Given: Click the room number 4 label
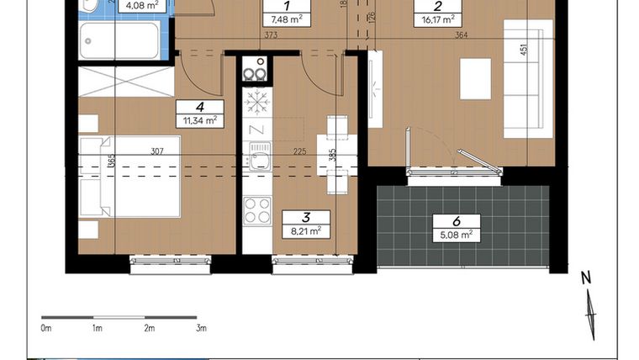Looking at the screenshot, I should coord(200,107).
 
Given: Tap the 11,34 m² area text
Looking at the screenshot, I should coord(200,120).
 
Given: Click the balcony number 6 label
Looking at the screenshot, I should coord(456,222).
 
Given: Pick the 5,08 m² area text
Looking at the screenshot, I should coord(456,236).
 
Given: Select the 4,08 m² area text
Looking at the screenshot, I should coord(141,6).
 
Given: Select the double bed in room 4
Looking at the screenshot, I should coord(130,177).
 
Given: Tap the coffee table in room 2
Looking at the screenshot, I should coord(476,79).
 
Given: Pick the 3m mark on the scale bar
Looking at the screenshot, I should coord(201,328).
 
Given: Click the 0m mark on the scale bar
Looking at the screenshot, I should coord(46,328).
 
